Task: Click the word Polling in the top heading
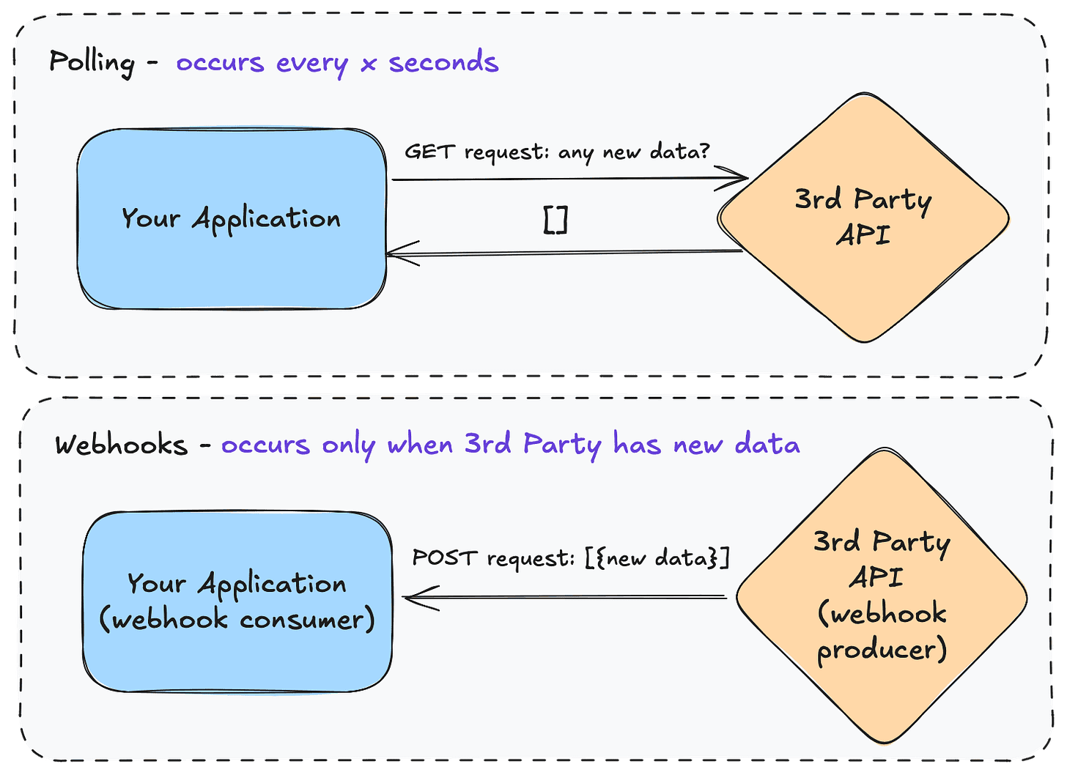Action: tap(92, 62)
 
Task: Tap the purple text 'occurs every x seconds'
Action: tap(337, 62)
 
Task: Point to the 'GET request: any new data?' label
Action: tap(557, 152)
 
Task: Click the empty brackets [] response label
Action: tap(555, 219)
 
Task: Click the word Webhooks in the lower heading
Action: tap(121, 445)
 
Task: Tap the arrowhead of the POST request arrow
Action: tap(412, 597)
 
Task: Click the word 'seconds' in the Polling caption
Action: tap(443, 62)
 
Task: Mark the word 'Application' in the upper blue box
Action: tap(266, 219)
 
